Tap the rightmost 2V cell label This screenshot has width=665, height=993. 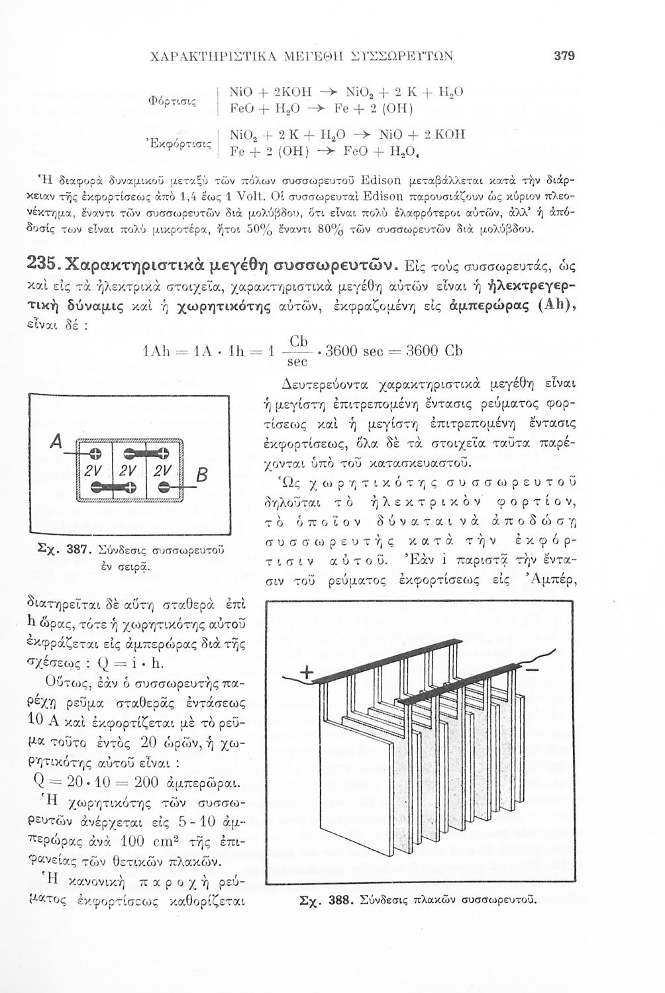click(162, 471)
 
